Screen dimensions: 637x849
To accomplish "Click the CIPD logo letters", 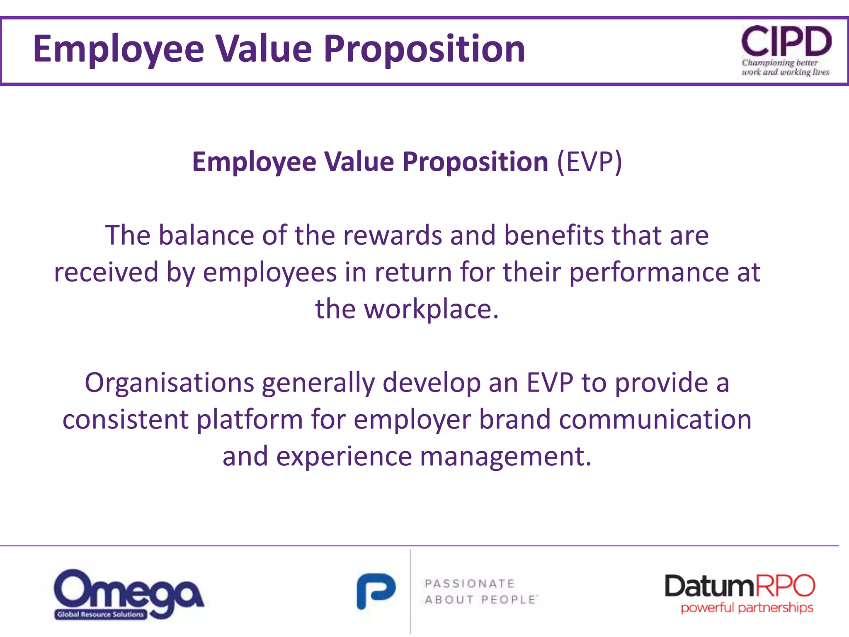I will (x=786, y=41).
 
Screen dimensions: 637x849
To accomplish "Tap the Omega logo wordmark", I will (x=129, y=589).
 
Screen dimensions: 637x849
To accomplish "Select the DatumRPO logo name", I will (x=740, y=586).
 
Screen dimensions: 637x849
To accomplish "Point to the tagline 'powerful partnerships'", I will (x=747, y=608).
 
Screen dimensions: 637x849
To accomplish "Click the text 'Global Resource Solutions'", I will (x=100, y=614).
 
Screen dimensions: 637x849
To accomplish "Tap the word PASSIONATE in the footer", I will (x=469, y=584).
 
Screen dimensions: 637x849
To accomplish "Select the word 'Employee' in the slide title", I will (x=119, y=49).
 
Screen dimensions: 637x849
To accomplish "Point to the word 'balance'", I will (x=206, y=235).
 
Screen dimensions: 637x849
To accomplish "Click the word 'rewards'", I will (x=393, y=235).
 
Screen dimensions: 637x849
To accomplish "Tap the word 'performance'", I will (x=649, y=272).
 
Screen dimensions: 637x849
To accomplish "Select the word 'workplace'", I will (x=431, y=309).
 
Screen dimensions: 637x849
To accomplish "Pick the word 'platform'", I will (x=250, y=419).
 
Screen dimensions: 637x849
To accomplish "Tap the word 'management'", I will (x=505, y=456).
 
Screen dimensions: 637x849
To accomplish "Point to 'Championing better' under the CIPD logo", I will (x=779, y=63).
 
